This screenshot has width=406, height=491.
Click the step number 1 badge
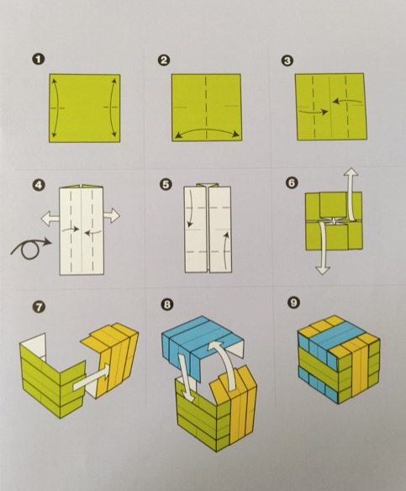pos(39,60)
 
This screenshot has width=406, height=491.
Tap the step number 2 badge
pos(164,60)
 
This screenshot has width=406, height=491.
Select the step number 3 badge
pos(287,61)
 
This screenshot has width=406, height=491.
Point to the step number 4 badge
pos(39,185)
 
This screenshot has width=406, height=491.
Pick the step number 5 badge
pos(166,184)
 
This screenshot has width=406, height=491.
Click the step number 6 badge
pos(292,182)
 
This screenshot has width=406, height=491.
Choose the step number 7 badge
pos(39,307)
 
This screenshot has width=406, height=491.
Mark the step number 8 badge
pos(167,304)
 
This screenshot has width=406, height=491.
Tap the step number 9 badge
pos(294,302)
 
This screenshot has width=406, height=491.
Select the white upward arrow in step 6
pos(351,194)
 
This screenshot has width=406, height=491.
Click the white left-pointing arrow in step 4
pos(50,218)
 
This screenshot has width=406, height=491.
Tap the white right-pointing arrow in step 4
pos(112,216)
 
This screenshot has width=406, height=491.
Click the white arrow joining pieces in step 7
pos(92,377)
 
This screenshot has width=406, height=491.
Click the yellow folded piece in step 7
pos(115,360)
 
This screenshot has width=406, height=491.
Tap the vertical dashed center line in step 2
pos(206,107)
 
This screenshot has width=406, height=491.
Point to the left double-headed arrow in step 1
pos(56,108)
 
